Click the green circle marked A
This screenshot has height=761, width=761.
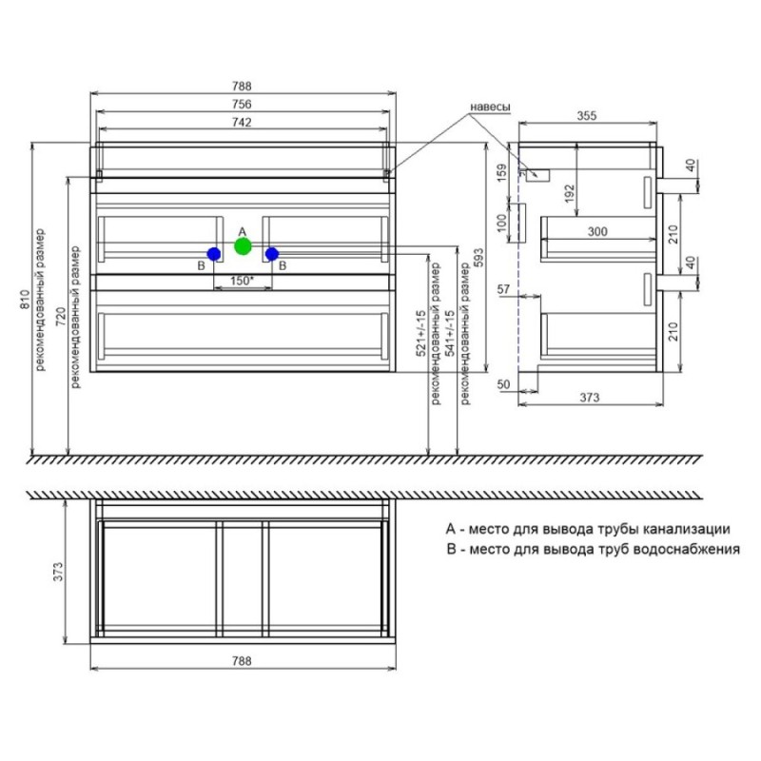[x=243, y=246]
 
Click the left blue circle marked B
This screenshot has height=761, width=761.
[x=213, y=254]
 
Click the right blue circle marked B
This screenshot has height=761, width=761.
[x=272, y=254]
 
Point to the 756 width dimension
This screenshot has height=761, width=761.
[x=242, y=104]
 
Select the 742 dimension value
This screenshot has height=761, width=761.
[x=242, y=123]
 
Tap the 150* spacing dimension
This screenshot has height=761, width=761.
[x=243, y=281]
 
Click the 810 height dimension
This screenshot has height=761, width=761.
[x=25, y=299]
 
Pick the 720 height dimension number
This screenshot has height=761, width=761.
[x=61, y=317]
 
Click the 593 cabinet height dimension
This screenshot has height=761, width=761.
[x=478, y=259]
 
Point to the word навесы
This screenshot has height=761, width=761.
[x=490, y=107]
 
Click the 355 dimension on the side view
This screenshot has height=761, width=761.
[x=586, y=116]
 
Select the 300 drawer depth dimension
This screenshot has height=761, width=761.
[x=597, y=231]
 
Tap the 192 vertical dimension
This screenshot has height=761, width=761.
[x=570, y=193]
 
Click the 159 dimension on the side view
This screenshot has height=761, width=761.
[x=502, y=172]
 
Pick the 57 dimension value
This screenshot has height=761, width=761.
[x=504, y=289]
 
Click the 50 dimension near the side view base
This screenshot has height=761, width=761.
[x=504, y=384]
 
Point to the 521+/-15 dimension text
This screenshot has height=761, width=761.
[x=421, y=333]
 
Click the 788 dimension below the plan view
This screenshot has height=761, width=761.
[x=242, y=660]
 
